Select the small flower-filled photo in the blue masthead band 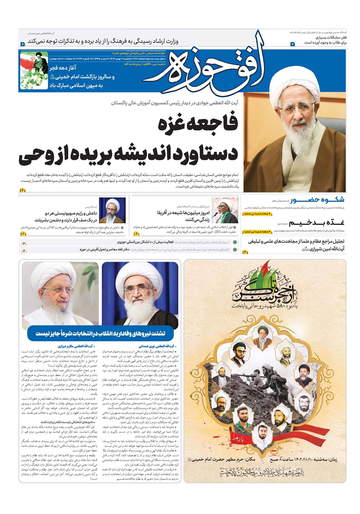(x=34, y=71)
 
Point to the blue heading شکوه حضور (x=317, y=200)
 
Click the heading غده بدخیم (x=317, y=222)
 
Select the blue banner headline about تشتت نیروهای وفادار (x=100, y=333)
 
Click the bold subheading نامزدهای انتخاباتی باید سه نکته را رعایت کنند (x=68, y=422)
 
